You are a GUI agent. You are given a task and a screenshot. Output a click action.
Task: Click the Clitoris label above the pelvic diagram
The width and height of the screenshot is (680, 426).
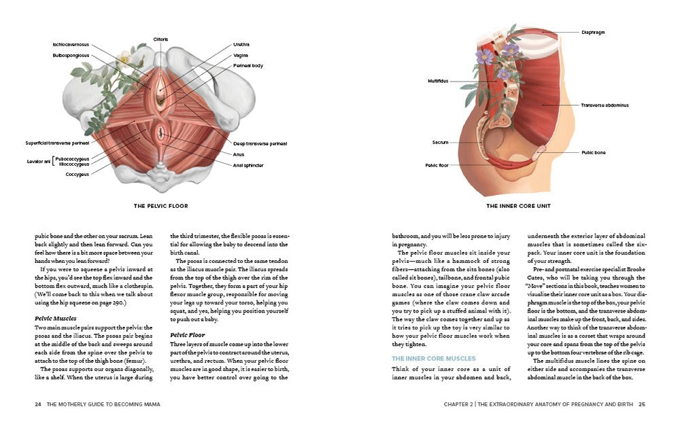(160, 39)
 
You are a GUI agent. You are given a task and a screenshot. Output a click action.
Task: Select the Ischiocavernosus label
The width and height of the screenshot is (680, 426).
(71, 45)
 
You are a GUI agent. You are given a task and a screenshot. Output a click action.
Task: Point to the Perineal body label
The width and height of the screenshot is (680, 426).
(248, 66)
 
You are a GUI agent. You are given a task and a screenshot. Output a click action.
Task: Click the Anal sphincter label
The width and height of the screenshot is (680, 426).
(248, 165)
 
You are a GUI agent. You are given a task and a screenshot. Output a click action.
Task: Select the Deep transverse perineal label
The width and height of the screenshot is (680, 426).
(259, 143)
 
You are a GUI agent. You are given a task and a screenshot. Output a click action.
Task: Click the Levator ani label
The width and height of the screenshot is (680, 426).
(39, 160)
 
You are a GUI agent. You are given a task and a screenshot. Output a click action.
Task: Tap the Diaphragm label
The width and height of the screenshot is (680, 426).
(593, 32)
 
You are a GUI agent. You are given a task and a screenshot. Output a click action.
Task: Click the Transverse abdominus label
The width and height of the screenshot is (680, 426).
(605, 105)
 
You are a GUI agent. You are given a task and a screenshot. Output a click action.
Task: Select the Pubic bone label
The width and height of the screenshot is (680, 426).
(593, 153)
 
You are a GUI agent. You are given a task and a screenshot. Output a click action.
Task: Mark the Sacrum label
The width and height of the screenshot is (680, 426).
(440, 143)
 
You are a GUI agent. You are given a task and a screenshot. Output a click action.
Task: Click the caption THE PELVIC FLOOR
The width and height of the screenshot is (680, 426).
(161, 206)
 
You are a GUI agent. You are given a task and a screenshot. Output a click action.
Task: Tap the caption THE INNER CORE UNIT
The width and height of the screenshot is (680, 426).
(518, 206)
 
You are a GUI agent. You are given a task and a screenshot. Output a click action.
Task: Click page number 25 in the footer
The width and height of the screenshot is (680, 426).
(641, 404)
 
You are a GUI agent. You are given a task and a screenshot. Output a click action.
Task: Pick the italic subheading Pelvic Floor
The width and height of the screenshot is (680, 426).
(188, 335)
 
